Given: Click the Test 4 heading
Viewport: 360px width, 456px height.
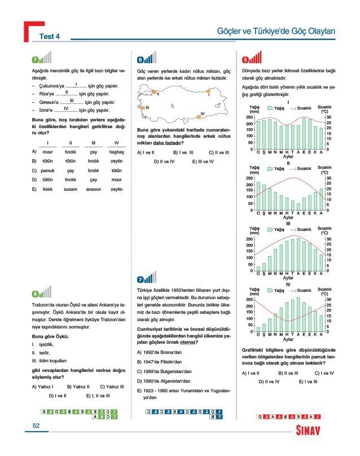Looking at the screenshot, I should tap(50, 37).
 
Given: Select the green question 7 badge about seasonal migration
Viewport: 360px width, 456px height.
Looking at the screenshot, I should tap(36, 59).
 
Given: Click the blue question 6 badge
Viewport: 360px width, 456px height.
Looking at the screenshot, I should tap(141, 59).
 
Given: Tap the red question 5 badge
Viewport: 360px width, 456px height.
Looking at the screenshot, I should tap(245, 59).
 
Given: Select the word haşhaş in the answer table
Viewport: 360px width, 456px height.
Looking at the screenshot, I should tap(116, 151).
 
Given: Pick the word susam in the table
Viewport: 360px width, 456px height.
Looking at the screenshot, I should tap(71, 189).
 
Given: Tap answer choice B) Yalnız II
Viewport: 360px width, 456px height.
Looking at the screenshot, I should tap(78, 387).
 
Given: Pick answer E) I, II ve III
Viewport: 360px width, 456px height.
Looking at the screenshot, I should tap(98, 396).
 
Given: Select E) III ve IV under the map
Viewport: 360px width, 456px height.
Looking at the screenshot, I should tap(203, 161).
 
